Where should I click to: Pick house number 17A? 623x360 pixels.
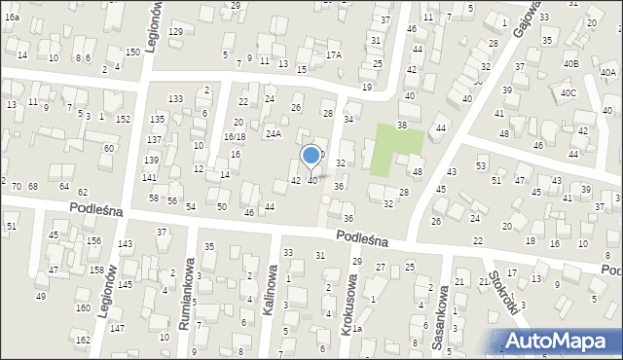(334, 55)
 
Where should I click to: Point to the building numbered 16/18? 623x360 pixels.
(235, 137)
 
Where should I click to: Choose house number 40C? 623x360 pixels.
(568, 93)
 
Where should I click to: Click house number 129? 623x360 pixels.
(175, 32)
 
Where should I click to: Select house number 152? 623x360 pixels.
(123, 119)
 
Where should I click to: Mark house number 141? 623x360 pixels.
(149, 178)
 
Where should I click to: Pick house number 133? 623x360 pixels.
(175, 99)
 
